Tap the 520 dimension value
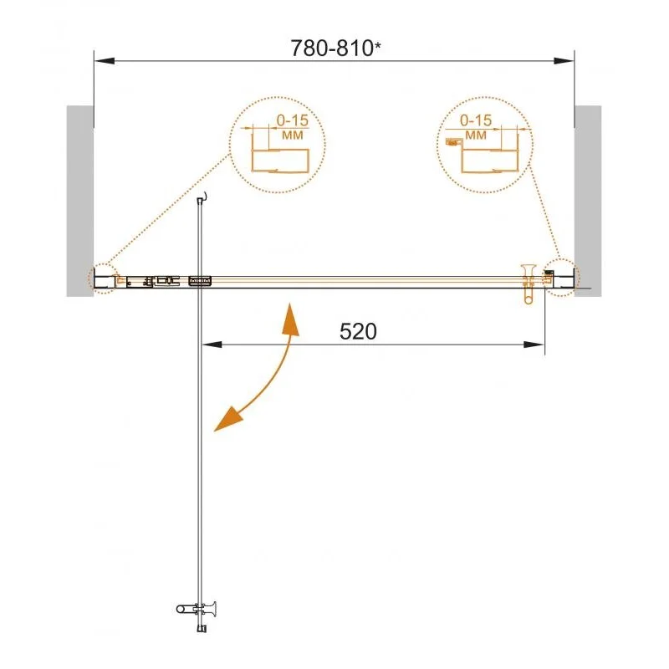tap(359, 332)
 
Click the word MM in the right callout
tap(476, 134)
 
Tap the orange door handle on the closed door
tap(529, 283)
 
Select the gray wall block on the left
tap(79, 201)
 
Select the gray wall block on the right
tap(589, 201)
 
